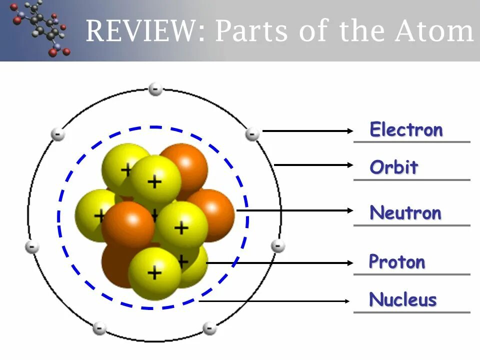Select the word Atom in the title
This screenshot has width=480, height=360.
coord(433,31)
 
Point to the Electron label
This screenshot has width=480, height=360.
coord(406,130)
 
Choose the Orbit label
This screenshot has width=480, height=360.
coord(393,167)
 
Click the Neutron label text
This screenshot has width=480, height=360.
coord(405,213)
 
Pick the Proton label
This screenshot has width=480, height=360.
coord(397,262)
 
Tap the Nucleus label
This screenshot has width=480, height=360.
coord(403,300)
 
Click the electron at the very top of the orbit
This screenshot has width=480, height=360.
coord(155,89)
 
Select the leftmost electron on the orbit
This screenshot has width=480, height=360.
coord(32,247)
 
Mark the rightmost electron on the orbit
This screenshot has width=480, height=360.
coord(278,246)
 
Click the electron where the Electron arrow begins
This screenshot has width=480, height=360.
coord(252,134)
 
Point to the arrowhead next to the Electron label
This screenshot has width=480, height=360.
coord(349,131)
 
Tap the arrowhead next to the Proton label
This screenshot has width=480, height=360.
coord(349,262)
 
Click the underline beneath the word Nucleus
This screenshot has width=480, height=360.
coord(411,312)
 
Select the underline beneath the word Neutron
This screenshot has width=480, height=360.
coord(411,225)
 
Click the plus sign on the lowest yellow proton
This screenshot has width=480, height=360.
coord(154,272)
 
